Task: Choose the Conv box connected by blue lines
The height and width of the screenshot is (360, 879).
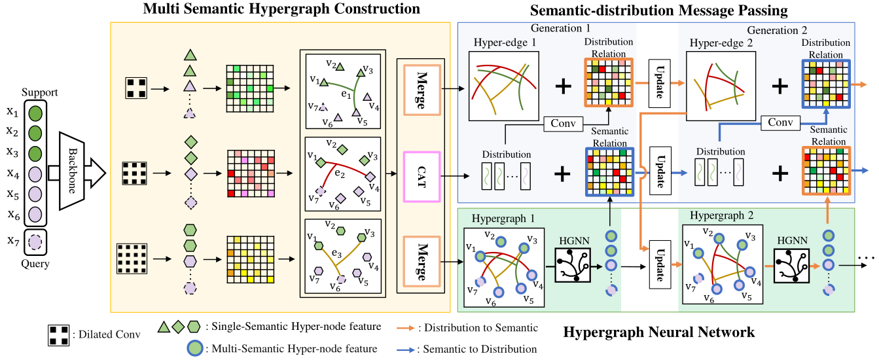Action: (781, 122)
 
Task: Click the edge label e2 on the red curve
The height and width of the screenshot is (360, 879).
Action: (339, 174)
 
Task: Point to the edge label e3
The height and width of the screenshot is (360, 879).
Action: (337, 253)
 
